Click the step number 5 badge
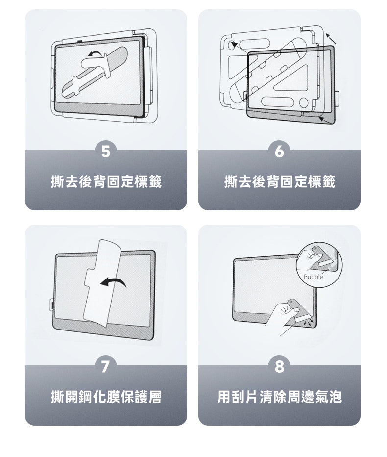tap(106, 152)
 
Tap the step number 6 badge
tap(279, 152)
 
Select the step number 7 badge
tap(106, 366)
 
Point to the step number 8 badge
tap(279, 366)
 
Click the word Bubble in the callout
tap(313, 277)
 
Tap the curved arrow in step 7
tap(113, 281)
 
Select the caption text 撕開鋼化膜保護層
tap(106, 397)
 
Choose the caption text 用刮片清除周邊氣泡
tap(279, 397)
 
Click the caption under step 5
tap(106, 181)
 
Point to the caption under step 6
tap(279, 181)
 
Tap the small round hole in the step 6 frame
tap(303, 102)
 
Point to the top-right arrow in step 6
tap(331, 39)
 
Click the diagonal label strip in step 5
tap(95, 72)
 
